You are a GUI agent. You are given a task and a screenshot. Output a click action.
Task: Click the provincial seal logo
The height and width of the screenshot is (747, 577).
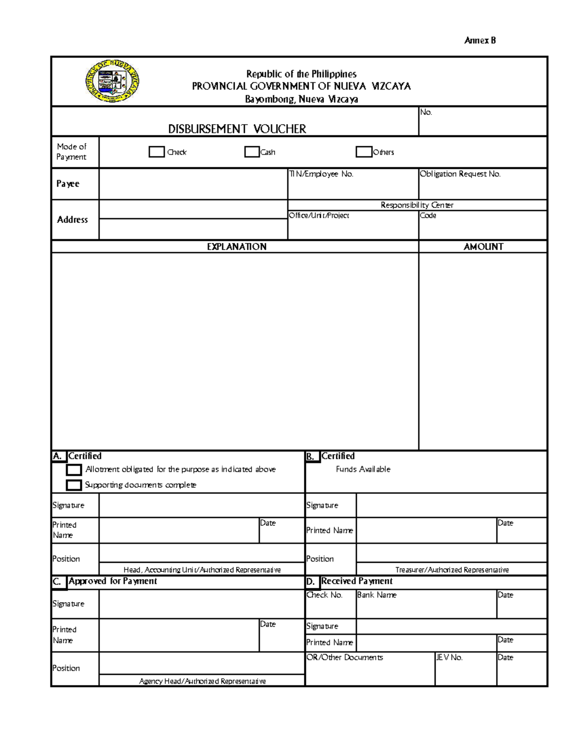click(113, 81)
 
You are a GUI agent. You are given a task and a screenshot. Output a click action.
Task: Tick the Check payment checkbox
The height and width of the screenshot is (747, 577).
click(157, 152)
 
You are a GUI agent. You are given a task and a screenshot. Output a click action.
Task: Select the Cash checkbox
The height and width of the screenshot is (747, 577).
click(252, 152)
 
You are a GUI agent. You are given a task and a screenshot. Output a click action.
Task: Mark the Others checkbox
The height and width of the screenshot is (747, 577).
click(364, 152)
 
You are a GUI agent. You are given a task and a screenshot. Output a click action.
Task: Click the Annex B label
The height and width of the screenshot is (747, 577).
click(480, 40)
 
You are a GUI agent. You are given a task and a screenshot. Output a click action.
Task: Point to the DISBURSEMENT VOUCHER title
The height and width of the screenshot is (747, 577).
click(237, 129)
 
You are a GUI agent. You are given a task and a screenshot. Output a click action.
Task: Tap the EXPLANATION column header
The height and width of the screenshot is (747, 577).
click(237, 247)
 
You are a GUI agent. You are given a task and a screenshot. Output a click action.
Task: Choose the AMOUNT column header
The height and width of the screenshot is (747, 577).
click(483, 247)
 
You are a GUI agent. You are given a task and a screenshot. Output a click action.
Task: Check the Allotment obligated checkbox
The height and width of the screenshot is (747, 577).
click(74, 469)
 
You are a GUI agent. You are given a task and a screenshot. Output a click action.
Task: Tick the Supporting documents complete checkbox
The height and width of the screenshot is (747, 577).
click(74, 485)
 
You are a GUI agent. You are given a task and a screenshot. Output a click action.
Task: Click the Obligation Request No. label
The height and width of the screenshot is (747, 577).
click(460, 174)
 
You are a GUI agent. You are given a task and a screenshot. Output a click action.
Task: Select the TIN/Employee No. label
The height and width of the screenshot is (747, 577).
click(321, 174)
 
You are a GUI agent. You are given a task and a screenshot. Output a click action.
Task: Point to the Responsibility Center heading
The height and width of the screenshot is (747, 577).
click(417, 205)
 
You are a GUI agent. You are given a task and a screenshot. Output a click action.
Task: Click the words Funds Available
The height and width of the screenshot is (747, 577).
click(363, 469)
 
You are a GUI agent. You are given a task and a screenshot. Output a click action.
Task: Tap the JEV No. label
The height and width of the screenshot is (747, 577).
click(450, 658)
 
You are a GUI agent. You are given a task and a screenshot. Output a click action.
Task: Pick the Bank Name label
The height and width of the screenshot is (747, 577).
click(377, 595)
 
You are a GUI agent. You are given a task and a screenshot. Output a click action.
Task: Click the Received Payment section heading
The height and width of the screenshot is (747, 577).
click(357, 581)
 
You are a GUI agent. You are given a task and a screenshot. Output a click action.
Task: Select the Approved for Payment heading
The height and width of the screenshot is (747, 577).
click(113, 581)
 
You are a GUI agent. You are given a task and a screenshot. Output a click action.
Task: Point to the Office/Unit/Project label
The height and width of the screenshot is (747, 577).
click(319, 215)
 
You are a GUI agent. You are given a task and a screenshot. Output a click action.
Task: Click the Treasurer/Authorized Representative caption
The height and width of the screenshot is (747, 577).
click(452, 570)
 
